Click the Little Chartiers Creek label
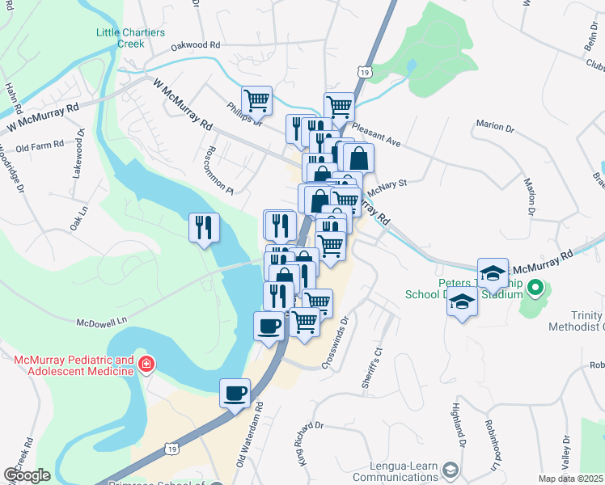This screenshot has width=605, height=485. point(131,38)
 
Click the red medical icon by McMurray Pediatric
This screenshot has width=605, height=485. point(146,365)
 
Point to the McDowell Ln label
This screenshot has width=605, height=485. point(103,321)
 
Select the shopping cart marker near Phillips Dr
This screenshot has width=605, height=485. point(256,101)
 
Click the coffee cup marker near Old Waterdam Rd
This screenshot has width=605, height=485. point(235,393)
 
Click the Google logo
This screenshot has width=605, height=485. point(27,475)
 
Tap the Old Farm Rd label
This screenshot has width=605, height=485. point(39,147)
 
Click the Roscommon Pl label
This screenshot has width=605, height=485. point(218,171)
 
